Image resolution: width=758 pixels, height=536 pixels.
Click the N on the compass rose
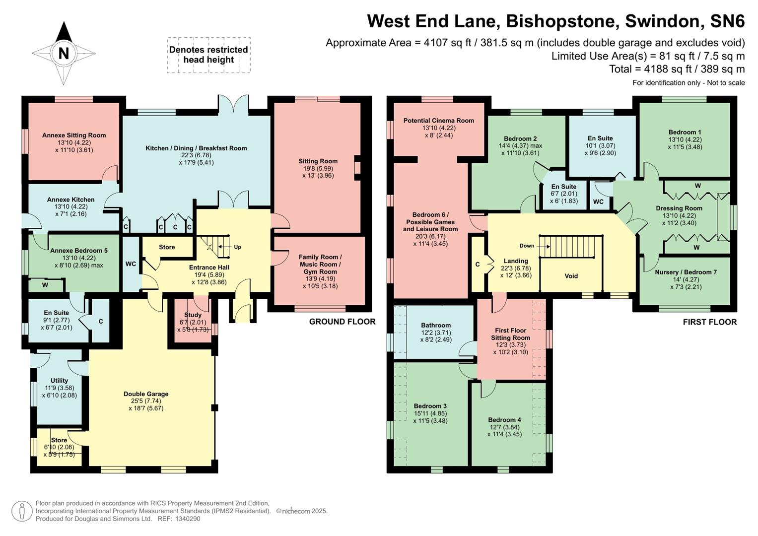[x=64, y=53]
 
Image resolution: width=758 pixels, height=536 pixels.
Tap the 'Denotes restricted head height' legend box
[x=208, y=55]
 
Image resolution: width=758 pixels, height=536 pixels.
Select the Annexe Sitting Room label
[x=74, y=135]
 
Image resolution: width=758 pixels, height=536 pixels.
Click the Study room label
[x=193, y=315]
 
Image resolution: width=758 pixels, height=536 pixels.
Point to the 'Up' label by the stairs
[x=237, y=247]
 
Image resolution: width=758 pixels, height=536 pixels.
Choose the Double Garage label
[x=146, y=394]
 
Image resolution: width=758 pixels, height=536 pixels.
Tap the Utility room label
[x=59, y=381]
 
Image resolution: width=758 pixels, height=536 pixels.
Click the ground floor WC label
[x=131, y=264]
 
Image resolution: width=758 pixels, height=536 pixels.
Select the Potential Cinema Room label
[x=438, y=121]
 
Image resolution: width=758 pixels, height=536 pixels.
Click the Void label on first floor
[x=571, y=276]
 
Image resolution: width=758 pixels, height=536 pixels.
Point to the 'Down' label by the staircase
[x=527, y=246]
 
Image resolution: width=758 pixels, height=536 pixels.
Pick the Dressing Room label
[x=679, y=208]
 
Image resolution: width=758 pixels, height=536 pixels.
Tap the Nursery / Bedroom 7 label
[x=686, y=272]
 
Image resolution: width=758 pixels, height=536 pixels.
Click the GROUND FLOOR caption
[x=342, y=322]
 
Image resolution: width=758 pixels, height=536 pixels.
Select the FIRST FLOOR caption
[x=709, y=322]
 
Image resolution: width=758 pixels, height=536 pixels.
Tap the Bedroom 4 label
[x=504, y=420]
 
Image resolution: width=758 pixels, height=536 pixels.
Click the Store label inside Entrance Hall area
[x=167, y=247]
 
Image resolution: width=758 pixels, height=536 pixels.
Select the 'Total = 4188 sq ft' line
[x=677, y=69]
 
